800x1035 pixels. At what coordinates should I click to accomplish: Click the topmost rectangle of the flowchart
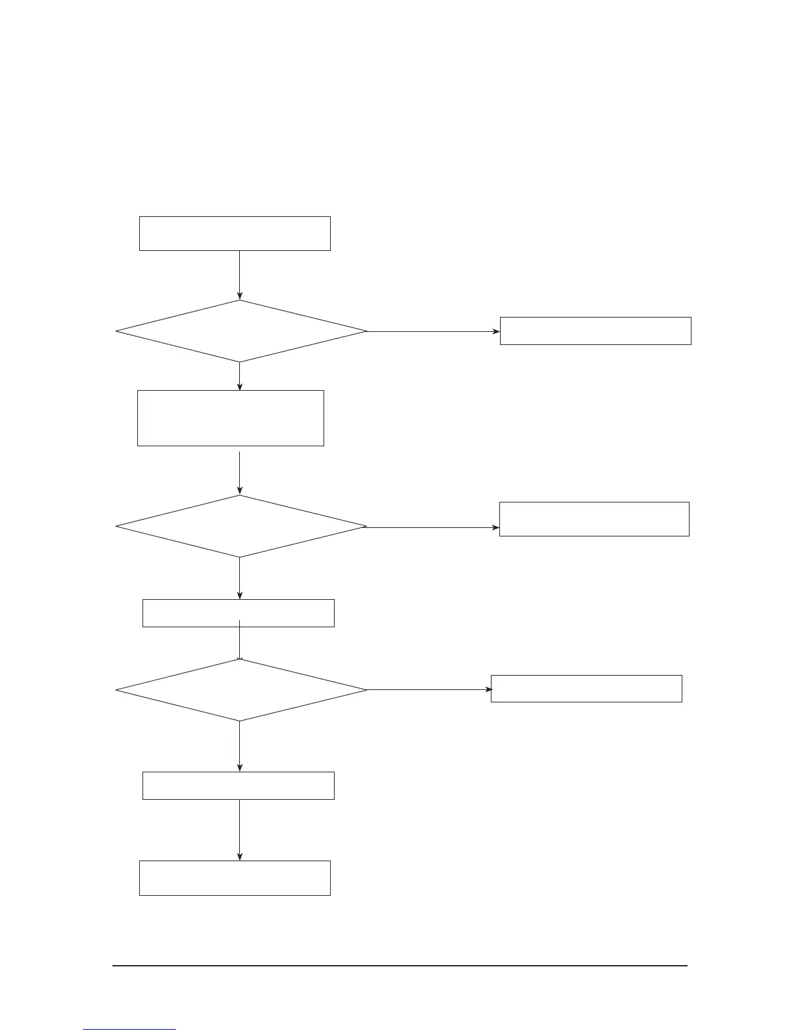click(x=235, y=233)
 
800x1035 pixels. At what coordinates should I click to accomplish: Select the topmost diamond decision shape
click(x=241, y=331)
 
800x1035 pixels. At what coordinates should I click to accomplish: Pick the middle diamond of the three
click(x=241, y=526)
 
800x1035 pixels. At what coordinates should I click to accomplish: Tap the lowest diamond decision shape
click(x=241, y=690)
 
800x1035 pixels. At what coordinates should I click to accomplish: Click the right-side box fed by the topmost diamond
click(x=595, y=331)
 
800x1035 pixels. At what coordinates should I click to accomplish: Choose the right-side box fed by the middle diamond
click(x=594, y=519)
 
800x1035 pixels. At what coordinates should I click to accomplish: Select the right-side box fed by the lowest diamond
click(x=586, y=689)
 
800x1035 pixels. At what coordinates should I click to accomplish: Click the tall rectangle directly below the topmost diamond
click(x=231, y=418)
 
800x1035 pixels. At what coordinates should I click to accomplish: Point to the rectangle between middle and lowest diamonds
click(x=239, y=613)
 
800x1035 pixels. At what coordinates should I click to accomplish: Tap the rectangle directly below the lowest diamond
click(x=239, y=785)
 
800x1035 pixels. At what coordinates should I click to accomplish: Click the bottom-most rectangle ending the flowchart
click(x=235, y=878)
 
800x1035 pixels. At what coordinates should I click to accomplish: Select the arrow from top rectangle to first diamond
click(x=240, y=275)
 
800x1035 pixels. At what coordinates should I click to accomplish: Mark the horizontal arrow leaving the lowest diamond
click(x=429, y=689)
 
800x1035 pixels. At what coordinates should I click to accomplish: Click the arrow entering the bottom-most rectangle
click(x=240, y=830)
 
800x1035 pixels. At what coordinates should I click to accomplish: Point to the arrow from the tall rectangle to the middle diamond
click(x=240, y=472)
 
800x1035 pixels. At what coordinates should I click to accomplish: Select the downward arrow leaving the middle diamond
click(x=240, y=578)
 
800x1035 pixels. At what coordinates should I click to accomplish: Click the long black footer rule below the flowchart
click(x=400, y=965)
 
